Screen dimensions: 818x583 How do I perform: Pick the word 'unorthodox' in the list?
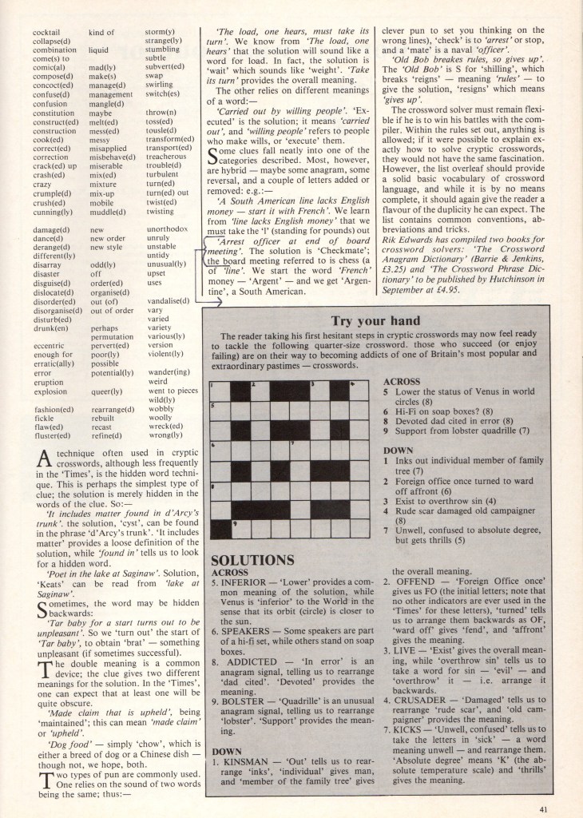point(168,206)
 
